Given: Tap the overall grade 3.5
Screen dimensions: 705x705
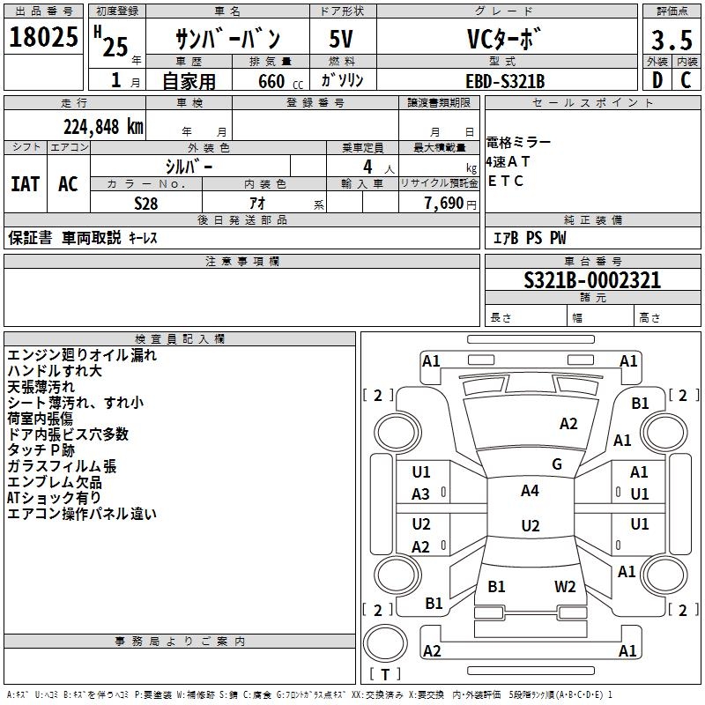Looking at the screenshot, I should tap(671, 41).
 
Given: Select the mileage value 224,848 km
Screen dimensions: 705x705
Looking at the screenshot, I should tap(102, 126).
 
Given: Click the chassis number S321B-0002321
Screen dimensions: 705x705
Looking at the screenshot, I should tap(592, 281).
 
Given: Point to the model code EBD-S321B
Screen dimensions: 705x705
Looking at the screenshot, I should tap(505, 81).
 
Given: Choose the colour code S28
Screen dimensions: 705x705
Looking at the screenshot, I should tap(146, 204).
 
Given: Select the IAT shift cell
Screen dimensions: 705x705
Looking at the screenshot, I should tap(25, 184).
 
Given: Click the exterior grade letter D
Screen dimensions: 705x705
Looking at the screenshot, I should tap(657, 81).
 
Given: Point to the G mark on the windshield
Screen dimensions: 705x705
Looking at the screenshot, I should tap(557, 464).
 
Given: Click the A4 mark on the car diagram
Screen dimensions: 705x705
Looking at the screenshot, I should tap(530, 491).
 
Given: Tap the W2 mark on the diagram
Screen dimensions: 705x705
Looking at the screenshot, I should tap(565, 586).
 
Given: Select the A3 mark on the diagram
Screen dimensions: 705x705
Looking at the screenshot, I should tap(421, 494).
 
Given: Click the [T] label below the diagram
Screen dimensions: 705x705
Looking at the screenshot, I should tap(384, 675).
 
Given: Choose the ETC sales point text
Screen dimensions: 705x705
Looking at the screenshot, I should tap(506, 182).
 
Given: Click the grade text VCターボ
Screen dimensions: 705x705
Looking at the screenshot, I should tap(505, 39).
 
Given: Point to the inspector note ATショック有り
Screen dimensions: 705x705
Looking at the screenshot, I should tap(54, 498).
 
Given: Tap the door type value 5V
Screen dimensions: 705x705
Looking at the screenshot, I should tap(342, 39).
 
